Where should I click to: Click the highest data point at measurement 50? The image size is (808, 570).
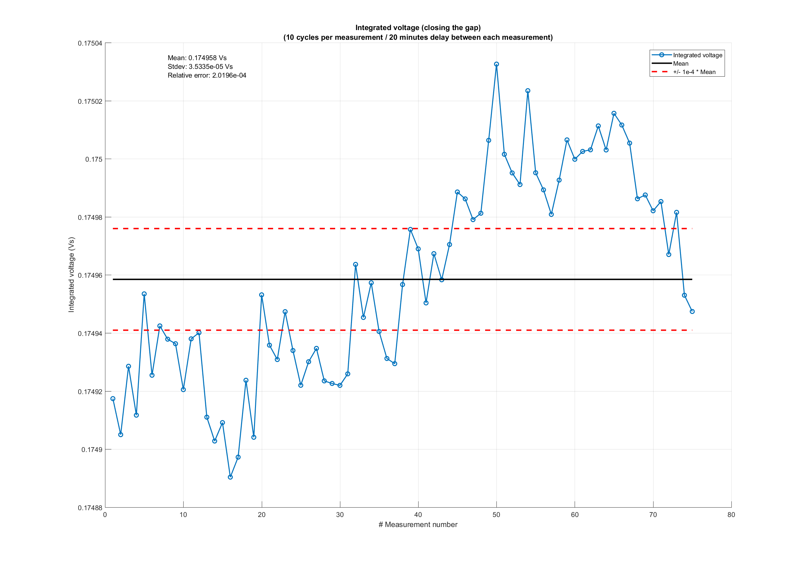coord(496,64)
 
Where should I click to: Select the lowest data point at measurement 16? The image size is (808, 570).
coord(230,477)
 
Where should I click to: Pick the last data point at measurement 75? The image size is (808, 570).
coord(692,312)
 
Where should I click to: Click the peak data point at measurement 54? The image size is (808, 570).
coord(527,91)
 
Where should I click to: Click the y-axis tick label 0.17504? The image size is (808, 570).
coord(90,43)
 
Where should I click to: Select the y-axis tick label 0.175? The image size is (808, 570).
coord(94,159)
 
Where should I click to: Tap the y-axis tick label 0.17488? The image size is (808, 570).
coord(90,508)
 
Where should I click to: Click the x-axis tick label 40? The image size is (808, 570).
coord(418,515)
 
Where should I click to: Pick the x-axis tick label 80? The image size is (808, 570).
coord(731,515)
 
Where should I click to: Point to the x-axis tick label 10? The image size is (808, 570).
coord(183,515)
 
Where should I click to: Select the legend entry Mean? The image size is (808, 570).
coord(681,64)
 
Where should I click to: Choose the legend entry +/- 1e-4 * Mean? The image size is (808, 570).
coord(694,72)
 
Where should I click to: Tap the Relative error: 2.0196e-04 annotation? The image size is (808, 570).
coord(207,75)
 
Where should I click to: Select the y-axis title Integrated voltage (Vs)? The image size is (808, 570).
coord(71,274)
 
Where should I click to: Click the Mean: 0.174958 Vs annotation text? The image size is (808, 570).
coord(197,58)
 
